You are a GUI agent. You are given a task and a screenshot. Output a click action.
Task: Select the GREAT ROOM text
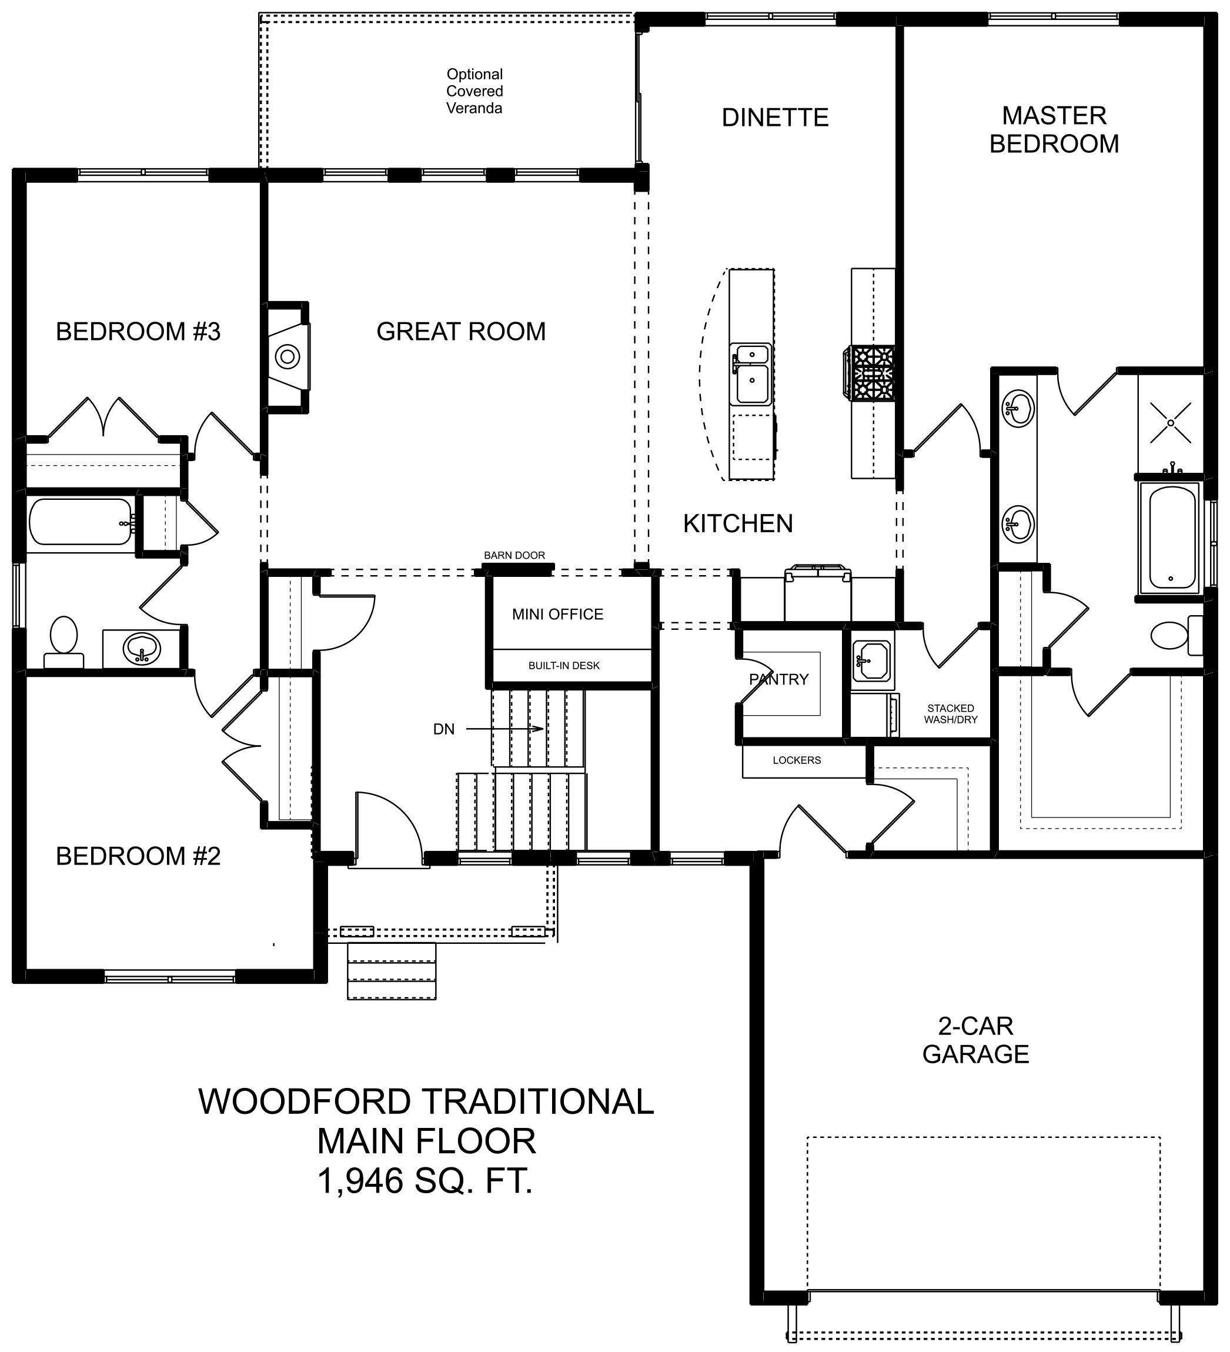[461, 331]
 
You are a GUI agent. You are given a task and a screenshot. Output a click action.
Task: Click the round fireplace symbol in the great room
[288, 356]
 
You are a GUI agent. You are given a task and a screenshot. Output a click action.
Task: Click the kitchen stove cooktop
[869, 373]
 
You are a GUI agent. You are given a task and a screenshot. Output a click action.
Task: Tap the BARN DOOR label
[514, 555]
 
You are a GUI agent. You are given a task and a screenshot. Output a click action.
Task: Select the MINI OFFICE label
[557, 615]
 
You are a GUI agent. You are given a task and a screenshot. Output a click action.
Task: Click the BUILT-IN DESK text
[563, 666]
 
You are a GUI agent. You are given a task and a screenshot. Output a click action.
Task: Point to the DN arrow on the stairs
[504, 729]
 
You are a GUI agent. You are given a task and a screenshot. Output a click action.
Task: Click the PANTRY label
[778, 679]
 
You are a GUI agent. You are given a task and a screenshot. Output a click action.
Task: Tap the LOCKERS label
[796, 760]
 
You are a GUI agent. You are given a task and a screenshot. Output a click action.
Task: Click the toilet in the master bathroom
[1176, 635]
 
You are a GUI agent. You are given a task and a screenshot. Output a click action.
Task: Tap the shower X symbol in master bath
[1170, 422]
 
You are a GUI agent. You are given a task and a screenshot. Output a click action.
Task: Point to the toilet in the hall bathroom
[63, 641]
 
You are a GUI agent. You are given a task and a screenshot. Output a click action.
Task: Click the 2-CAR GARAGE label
[975, 1040]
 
